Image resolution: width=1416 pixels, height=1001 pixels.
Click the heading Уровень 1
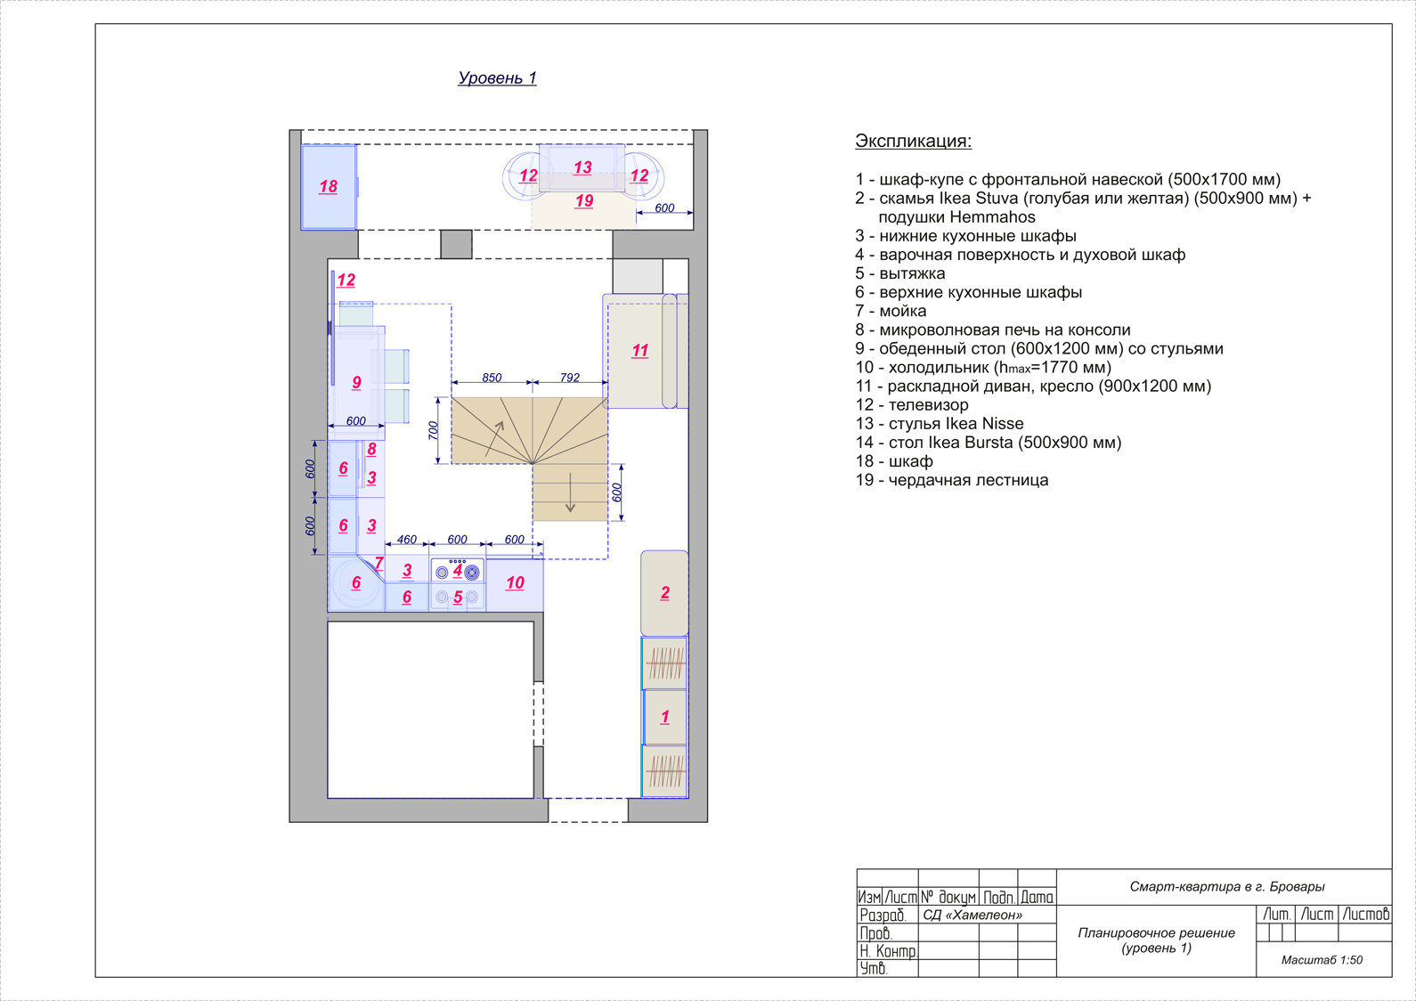click(x=497, y=77)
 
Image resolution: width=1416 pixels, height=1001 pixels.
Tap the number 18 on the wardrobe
click(x=328, y=186)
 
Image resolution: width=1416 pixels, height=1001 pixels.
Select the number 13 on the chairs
click(x=582, y=167)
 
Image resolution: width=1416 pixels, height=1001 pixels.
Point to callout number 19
click(x=584, y=201)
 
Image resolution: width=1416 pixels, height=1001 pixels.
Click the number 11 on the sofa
click(x=639, y=351)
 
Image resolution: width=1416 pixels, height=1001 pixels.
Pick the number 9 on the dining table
click(x=356, y=383)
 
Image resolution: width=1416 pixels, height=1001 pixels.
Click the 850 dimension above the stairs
click(x=492, y=378)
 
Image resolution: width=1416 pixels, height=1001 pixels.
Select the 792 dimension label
click(x=570, y=378)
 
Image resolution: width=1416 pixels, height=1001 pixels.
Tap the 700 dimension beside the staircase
click(x=433, y=430)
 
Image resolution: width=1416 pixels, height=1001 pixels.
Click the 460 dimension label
click(x=406, y=540)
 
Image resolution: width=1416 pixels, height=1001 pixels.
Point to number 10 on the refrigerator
click(x=515, y=583)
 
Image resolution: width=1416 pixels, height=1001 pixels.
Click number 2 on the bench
click(x=665, y=593)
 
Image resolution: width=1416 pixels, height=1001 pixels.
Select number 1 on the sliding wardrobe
click(x=664, y=717)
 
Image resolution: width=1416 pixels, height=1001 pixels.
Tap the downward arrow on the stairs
click(x=570, y=492)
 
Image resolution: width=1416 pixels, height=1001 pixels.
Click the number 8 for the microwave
click(x=371, y=449)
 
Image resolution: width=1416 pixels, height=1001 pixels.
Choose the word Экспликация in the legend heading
click(x=913, y=141)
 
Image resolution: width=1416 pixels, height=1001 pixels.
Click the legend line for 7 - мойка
click(x=891, y=311)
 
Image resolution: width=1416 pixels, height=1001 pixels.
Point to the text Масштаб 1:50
click(x=1322, y=960)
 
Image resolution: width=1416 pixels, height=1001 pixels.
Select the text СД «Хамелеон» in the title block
click(x=972, y=915)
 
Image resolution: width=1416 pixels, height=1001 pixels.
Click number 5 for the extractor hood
click(x=458, y=597)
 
